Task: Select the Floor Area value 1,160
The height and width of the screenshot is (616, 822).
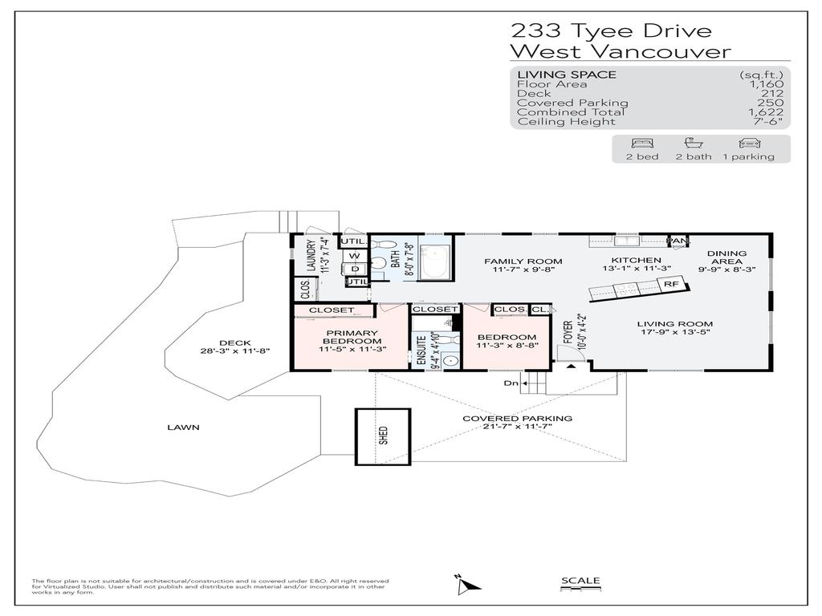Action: [x=767, y=84]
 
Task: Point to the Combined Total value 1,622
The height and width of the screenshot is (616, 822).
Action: [x=767, y=112]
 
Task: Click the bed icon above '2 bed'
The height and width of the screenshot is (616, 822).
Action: [x=642, y=144]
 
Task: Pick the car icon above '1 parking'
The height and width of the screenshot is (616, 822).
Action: [x=748, y=144]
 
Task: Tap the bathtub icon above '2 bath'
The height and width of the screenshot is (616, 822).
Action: [x=694, y=144]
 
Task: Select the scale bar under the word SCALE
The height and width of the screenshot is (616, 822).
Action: [x=580, y=590]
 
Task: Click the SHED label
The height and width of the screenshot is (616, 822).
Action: [x=384, y=436]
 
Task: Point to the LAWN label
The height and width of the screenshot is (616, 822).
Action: [x=184, y=428]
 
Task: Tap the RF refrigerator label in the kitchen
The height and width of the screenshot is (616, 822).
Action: [x=670, y=284]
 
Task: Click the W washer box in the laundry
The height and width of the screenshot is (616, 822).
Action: [x=353, y=257]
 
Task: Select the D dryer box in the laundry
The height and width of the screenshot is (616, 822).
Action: [x=355, y=269]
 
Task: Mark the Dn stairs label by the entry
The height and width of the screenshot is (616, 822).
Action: [x=511, y=383]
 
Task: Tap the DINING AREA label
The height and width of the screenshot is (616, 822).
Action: [x=727, y=258]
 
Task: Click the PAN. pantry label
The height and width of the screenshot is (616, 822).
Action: [x=678, y=241]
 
